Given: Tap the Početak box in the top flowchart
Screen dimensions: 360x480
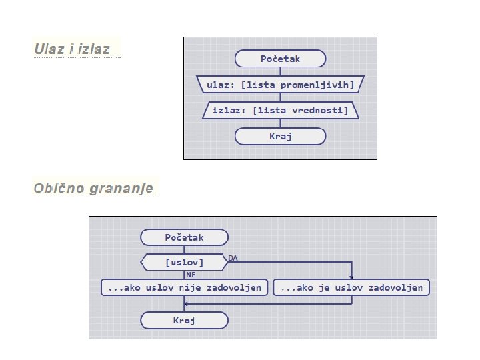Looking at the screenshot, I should click(x=280, y=59).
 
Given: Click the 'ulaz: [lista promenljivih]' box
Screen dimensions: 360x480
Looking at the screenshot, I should click(x=280, y=85).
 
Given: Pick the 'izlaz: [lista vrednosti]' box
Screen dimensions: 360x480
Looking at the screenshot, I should click(x=280, y=110).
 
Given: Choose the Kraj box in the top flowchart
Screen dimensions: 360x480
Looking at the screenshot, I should click(x=280, y=136).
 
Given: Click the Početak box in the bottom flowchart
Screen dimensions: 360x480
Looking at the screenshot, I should click(x=184, y=237).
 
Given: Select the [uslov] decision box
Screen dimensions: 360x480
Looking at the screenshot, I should click(x=184, y=262).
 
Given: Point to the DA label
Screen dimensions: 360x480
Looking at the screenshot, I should click(x=233, y=257).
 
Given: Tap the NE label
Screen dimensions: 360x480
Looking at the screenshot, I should click(x=191, y=274).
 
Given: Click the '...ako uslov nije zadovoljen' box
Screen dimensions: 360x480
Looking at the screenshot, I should click(x=184, y=287).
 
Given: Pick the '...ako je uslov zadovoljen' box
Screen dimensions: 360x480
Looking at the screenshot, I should click(x=352, y=287).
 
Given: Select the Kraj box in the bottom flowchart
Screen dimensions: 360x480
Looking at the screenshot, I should click(x=184, y=321).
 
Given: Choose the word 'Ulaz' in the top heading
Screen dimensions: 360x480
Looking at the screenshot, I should click(x=49, y=49).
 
